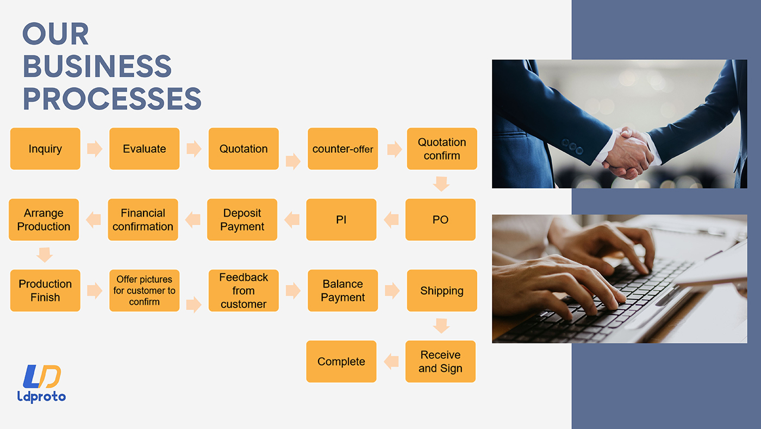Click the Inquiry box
point(45,149)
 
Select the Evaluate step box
point(145,149)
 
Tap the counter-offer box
point(343,149)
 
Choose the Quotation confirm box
point(442,149)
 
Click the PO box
point(440,220)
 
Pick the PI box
point(341,220)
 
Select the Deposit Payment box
point(242,220)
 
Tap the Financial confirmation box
point(143,220)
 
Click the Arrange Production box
point(44,220)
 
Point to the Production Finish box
point(45,291)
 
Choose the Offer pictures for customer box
point(145,291)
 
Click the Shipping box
point(442,291)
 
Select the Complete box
point(341,361)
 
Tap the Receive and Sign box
point(440,361)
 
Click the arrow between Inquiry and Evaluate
point(95,149)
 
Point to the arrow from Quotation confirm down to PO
point(441,184)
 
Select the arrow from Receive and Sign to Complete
point(391,361)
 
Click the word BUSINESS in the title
point(97,66)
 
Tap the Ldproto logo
point(41,384)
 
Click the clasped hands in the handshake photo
point(628,153)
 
